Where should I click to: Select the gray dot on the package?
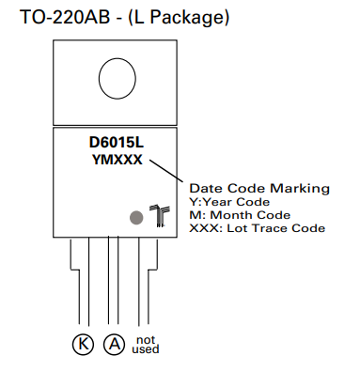pos(136,217)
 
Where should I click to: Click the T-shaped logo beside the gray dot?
pos(159,215)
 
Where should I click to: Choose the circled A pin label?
pos(114,345)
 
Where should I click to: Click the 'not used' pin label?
pos(145,344)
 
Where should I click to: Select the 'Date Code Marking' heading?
pos(259,188)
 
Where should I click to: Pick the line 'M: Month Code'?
pos(240,214)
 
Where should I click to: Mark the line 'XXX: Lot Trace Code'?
pos(257,227)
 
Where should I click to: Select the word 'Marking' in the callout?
pos(301,188)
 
